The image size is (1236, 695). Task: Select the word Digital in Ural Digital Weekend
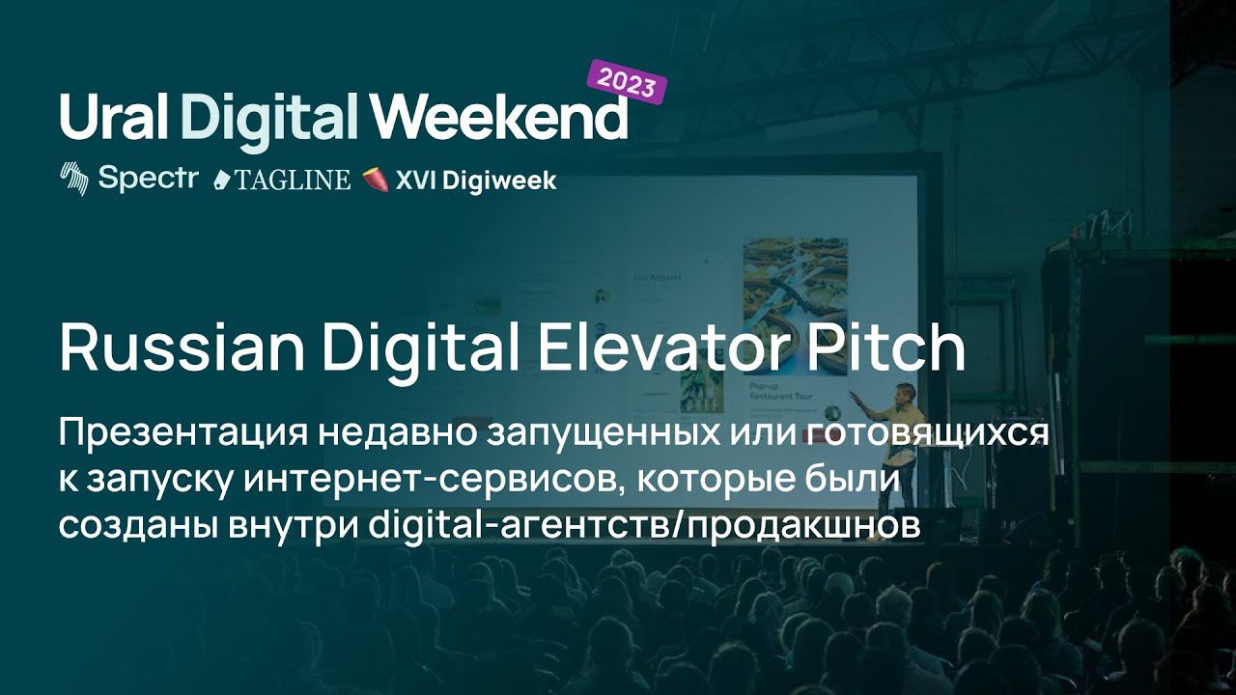270,122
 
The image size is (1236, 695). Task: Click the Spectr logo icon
74,179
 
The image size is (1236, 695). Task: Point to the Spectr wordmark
148,179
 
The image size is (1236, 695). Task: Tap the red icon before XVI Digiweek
377,181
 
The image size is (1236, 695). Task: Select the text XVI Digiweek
476,181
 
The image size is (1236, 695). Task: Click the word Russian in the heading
183,348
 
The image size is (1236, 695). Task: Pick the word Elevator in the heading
666,348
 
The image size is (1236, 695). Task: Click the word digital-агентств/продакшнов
643,526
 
